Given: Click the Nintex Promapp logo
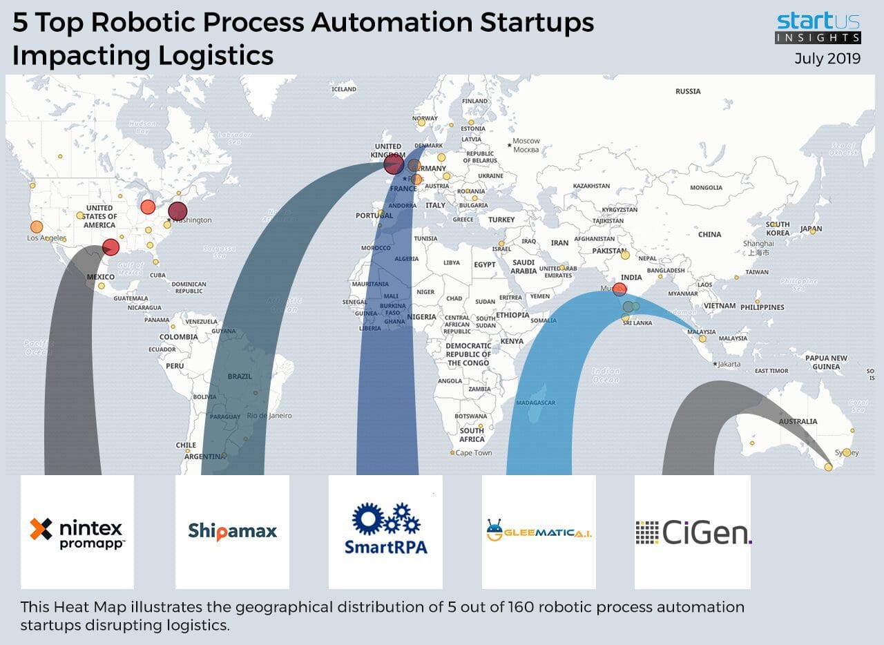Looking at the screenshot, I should pos(77,532).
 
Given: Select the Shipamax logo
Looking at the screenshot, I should pos(232,531).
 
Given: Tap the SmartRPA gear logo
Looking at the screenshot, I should pos(385,528).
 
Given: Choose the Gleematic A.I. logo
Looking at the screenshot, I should pos(539,531).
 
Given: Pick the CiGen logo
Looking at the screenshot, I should pos(693,532).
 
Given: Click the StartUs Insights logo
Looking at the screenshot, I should pos(818,28).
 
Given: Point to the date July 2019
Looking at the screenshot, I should pos(827,59).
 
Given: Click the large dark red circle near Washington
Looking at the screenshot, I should pos(177,211).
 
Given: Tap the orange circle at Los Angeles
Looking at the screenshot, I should pos(37,227).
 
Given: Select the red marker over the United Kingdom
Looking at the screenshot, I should pos(394,164).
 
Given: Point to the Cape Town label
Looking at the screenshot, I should pos(474,453).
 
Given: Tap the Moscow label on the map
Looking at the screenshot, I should pos(527,141).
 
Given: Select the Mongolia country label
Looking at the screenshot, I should pos(706,188).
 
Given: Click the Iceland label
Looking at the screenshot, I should pos(344,89).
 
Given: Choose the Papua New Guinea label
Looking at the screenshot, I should pos(826,363).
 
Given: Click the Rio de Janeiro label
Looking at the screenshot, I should pos(269,416).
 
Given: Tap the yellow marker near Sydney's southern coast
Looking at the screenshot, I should pos(829,468).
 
